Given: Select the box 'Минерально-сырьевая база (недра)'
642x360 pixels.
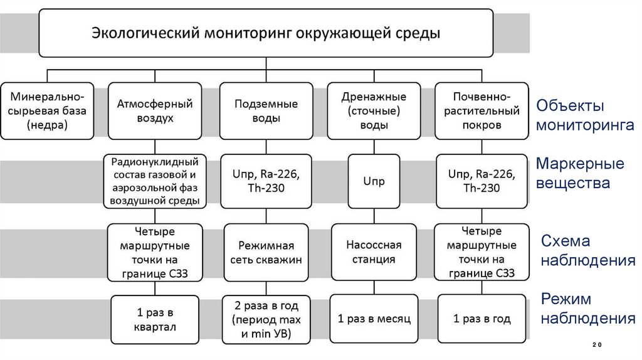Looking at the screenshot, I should point(47,110).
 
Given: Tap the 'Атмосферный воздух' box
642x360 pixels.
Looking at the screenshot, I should point(155,110).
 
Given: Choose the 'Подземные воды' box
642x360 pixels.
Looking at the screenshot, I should point(266,110).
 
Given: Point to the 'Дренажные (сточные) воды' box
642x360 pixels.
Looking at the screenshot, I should point(374,110).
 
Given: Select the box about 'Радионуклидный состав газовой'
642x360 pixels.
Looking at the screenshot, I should point(155,182).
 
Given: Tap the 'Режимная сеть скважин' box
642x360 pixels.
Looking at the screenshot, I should point(266,252).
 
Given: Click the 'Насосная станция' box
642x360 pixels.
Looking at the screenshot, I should point(374,252).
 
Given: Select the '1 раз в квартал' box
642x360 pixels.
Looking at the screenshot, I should point(155,319).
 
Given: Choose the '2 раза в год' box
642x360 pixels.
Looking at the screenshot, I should point(266,320).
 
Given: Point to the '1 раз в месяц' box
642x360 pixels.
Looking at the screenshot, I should point(374,319).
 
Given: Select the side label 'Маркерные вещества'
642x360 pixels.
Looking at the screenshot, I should point(580,174).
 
